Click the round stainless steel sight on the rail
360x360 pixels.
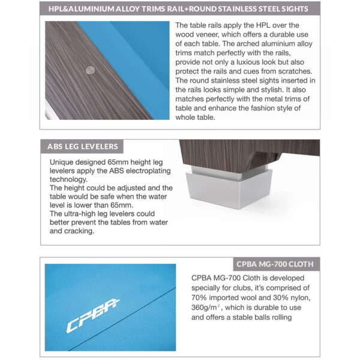coord(91,70)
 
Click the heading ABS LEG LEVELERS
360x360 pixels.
coord(82,146)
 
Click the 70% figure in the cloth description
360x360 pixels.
coord(200,298)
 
